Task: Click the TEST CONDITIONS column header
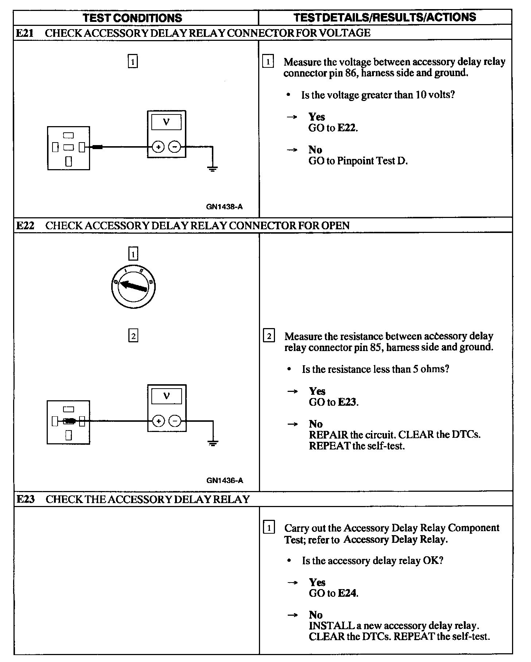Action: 132,18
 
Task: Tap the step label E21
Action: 25,33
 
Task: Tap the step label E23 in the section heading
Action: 26,499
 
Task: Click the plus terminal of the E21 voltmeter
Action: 158,147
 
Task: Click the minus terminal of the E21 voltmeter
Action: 175,147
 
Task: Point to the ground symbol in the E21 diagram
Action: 212,168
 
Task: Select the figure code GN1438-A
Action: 224,207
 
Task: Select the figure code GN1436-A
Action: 225,480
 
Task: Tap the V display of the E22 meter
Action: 167,396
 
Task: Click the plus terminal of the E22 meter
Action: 158,421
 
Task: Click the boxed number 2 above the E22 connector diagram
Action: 133,335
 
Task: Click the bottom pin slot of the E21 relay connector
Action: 69,161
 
